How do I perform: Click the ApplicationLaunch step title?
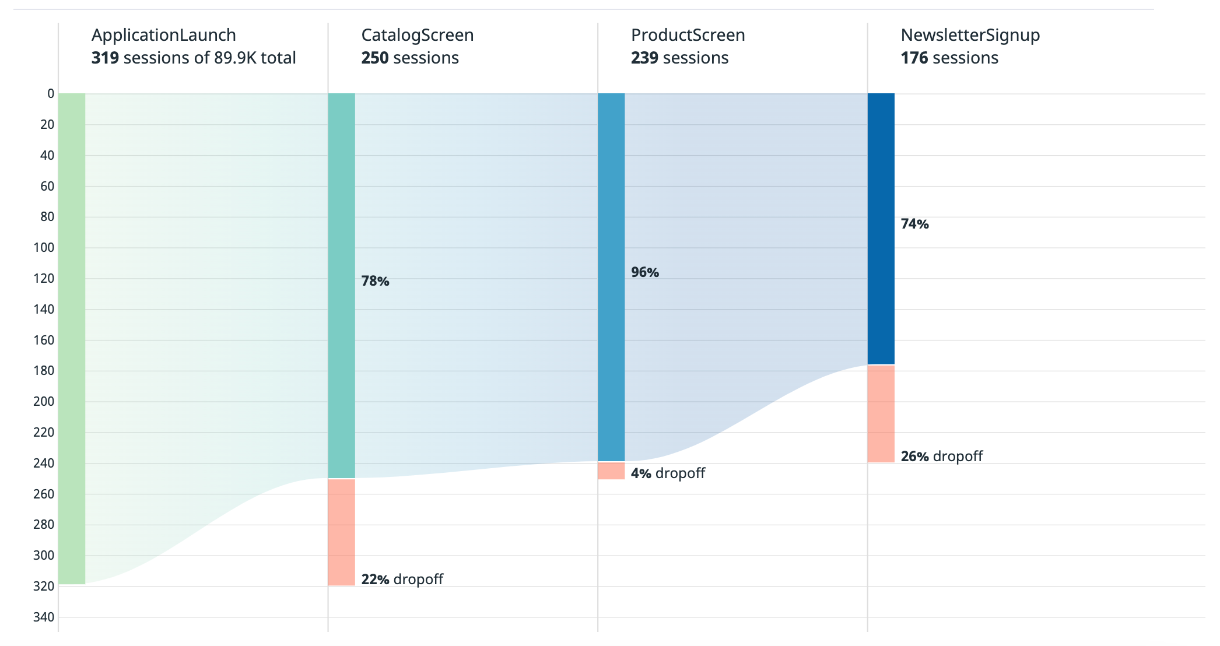163,35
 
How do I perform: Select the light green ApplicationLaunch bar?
72,338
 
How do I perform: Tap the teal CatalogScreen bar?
341,286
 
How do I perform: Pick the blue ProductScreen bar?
611,277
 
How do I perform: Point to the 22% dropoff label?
402,579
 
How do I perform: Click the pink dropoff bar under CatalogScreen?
341,532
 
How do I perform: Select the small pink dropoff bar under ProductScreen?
611,471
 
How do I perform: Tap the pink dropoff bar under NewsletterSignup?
881,413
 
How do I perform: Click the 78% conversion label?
375,281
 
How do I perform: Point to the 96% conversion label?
644,272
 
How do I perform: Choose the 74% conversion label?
914,224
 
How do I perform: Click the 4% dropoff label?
668,473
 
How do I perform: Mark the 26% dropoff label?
941,456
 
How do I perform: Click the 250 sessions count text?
409,58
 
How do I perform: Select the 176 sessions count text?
949,58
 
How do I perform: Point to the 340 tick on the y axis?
44,617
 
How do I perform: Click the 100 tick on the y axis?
44,247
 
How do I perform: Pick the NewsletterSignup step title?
970,35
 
